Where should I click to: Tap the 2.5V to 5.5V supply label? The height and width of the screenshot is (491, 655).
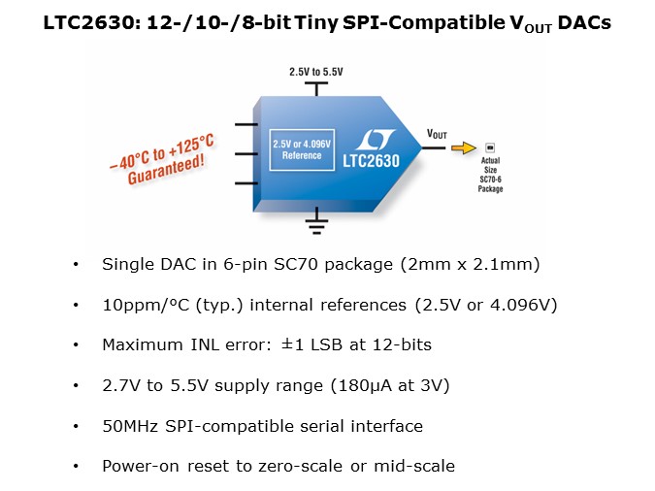[x=314, y=72]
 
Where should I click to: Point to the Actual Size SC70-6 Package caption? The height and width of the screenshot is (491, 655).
[x=490, y=175]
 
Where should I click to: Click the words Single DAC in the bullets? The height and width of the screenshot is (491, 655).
[x=136, y=264]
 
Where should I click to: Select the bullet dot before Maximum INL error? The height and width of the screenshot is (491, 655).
[x=76, y=344]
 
